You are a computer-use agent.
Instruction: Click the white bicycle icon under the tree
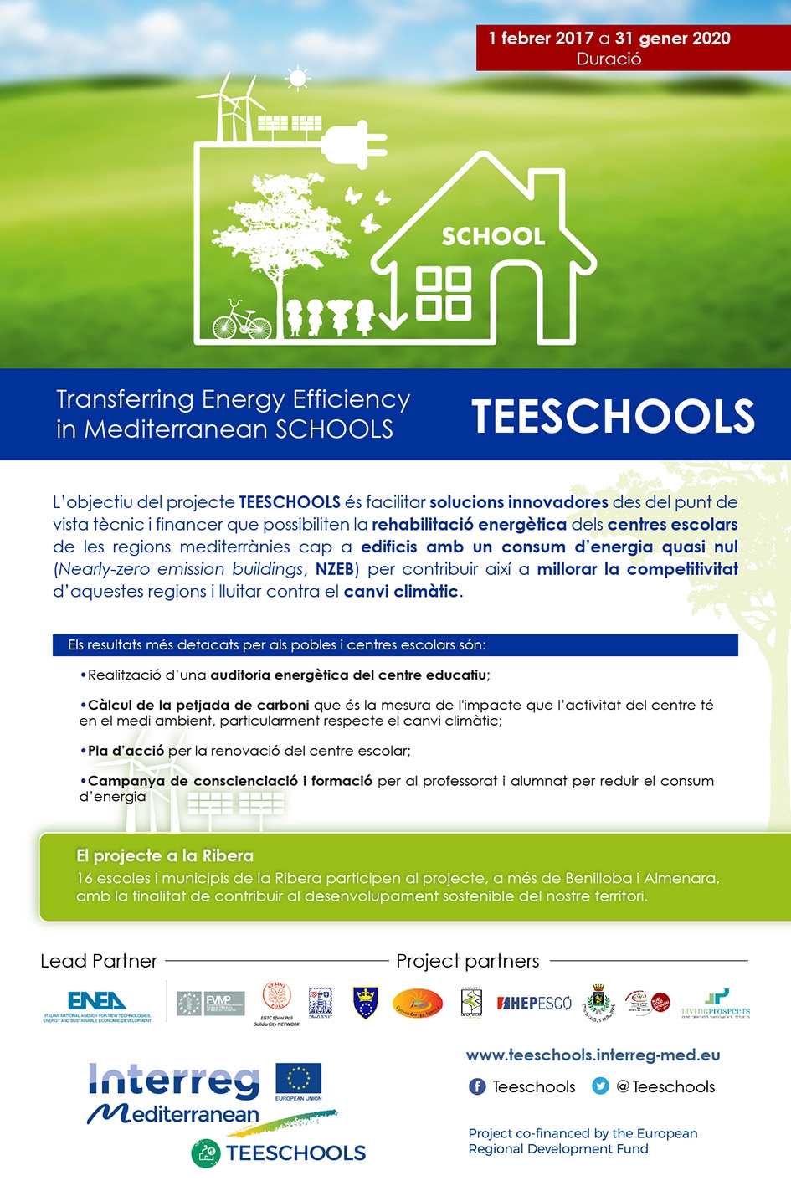241,321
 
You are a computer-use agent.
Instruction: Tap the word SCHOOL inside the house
493,237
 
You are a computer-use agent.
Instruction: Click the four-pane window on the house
443,294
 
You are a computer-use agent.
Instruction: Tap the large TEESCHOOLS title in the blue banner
613,416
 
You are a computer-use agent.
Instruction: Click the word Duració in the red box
609,59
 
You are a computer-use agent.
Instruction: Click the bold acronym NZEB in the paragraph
335,569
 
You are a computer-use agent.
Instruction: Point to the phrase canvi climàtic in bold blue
401,592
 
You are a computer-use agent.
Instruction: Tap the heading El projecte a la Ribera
164,855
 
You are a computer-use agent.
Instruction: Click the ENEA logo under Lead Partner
97,1002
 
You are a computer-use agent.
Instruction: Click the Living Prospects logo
716,1002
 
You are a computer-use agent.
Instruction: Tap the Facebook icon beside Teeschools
477,1086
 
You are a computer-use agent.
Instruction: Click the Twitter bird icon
600,1086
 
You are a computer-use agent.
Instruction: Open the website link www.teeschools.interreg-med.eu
593,1055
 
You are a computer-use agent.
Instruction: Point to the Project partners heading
467,961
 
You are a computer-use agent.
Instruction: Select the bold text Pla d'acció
126,751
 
